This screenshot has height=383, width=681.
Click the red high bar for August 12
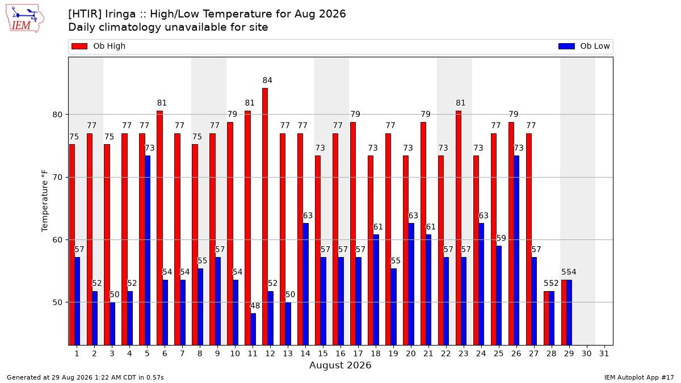coord(265,216)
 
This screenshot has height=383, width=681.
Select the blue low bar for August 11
coord(253,329)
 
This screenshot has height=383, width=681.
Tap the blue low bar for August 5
coord(148,250)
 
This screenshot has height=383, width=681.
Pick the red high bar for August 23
coord(459,228)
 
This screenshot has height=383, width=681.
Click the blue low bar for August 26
coord(516,250)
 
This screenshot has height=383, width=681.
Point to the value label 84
coord(267,80)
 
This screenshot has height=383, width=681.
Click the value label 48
coord(255,305)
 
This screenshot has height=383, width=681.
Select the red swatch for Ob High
coord(79,46)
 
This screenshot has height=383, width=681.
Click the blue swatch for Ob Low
coord(566,46)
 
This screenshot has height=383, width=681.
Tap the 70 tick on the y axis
coord(57,177)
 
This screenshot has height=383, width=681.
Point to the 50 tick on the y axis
coord(57,302)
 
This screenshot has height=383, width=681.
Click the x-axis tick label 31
coord(604,353)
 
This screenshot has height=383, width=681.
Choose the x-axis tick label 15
coord(323,353)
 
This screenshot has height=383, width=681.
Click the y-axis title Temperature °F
coord(44,201)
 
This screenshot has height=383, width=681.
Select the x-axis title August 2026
coord(340,365)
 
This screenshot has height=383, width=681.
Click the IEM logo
coord(25,19)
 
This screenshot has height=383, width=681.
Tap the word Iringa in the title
coord(120,14)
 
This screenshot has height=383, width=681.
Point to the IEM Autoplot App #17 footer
coord(639,377)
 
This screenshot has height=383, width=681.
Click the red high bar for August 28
coord(547,318)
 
